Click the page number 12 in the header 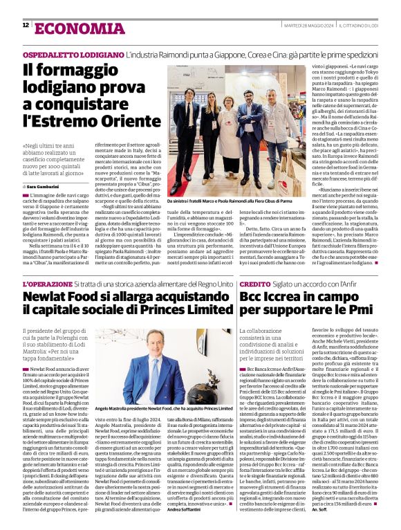click(x=26, y=26)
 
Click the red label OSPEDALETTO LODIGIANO click(x=73, y=54)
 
